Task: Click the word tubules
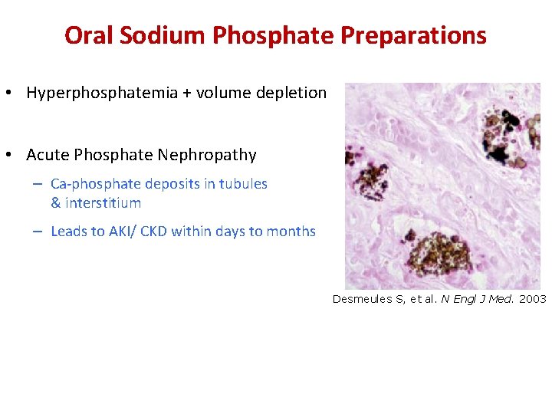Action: pyautogui.click(x=243, y=184)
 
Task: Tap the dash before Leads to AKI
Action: pyautogui.click(x=37, y=232)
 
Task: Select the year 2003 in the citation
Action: pyautogui.click(x=532, y=299)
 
